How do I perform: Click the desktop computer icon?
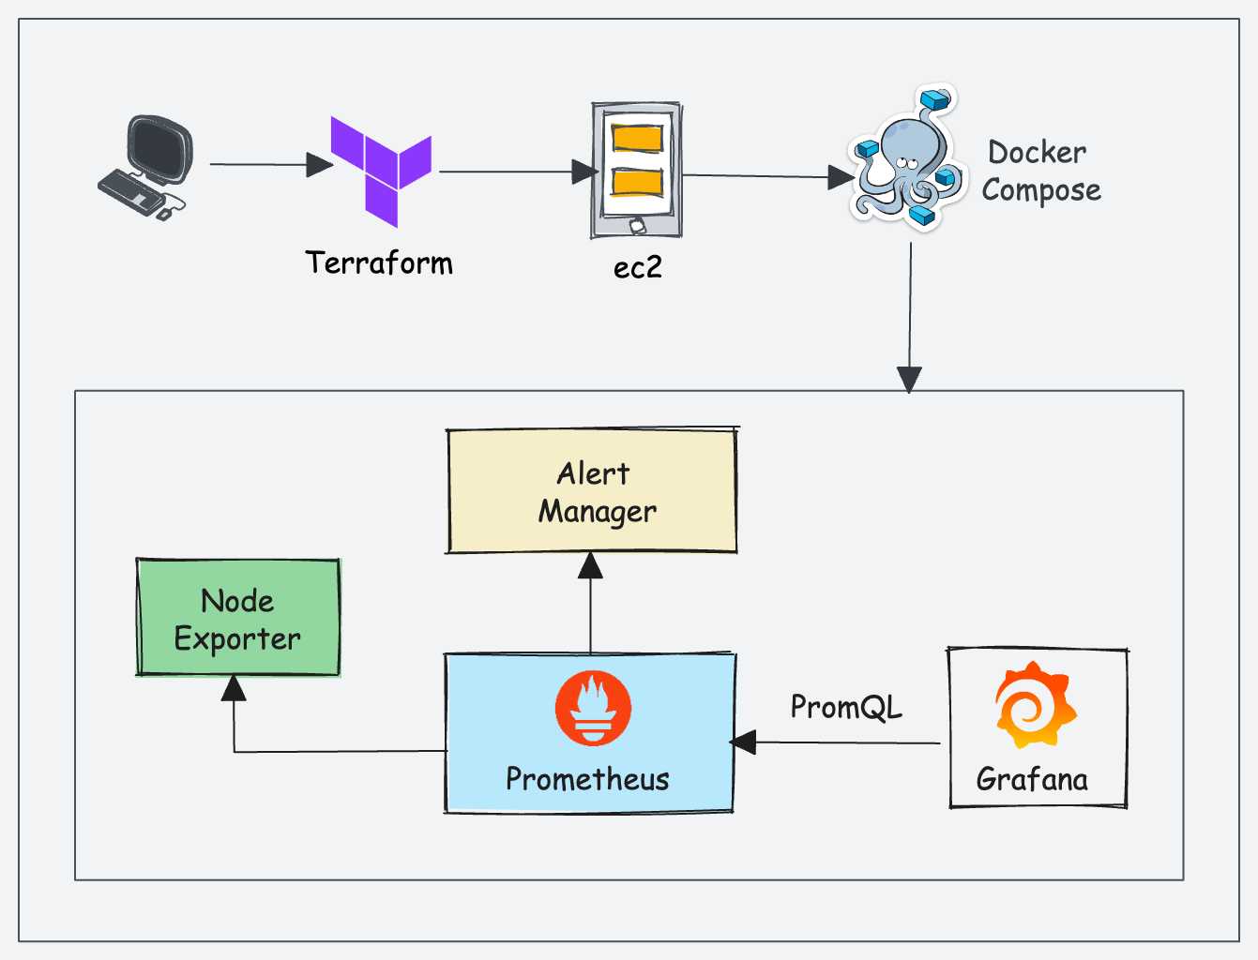[148, 167]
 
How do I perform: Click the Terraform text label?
[379, 263]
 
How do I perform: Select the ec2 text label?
[638, 268]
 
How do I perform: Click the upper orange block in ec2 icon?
[637, 138]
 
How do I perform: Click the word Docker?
[1037, 153]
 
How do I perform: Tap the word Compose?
[1041, 190]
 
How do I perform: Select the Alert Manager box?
[591, 492]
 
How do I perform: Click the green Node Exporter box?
[238, 619]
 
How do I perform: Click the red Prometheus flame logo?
[593, 709]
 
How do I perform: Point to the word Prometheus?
[587, 779]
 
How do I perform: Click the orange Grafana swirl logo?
[1035, 705]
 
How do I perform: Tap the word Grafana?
[1032, 779]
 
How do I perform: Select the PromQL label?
[846, 707]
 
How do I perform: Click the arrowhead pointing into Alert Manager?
[590, 565]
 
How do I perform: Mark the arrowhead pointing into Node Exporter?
[234, 689]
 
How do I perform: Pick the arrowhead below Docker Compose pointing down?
[909, 379]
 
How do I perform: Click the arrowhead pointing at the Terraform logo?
[319, 165]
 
